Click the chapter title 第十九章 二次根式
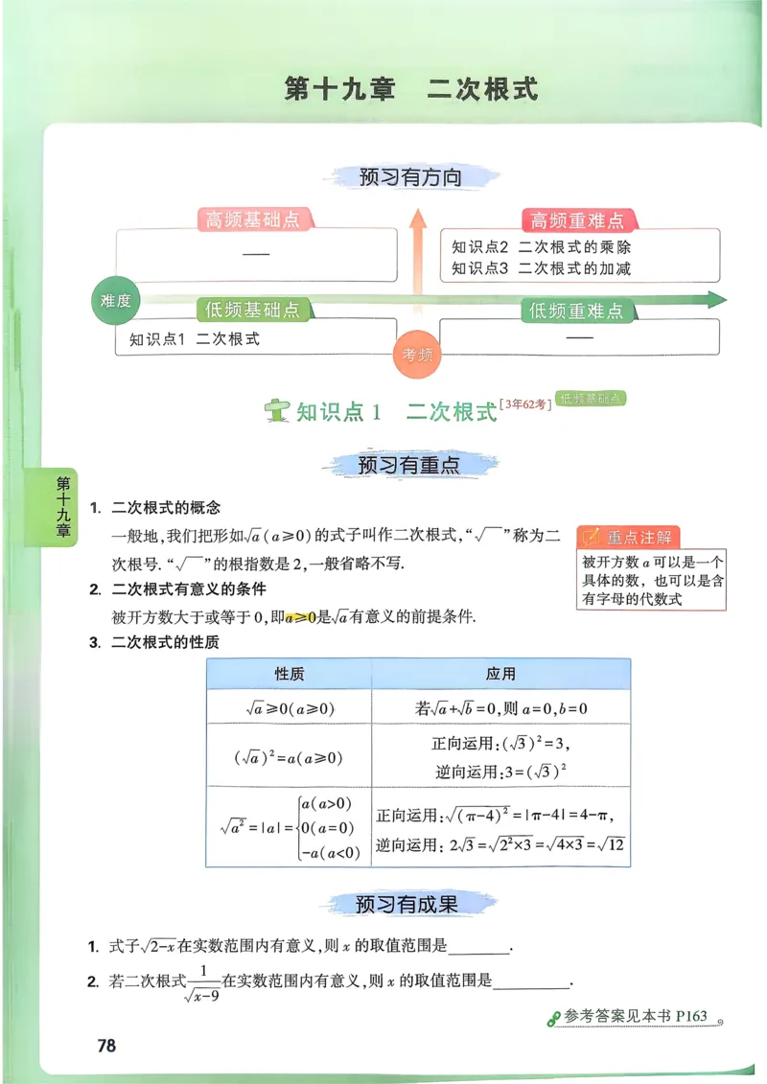tap(411, 89)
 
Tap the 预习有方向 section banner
tap(409, 177)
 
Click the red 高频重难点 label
tap(577, 220)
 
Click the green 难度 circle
tap(116, 301)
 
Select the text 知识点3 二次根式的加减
tap(542, 268)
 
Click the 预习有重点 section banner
tap(409, 466)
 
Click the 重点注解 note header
tap(639, 537)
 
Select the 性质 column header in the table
tap(290, 674)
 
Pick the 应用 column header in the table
tap(500, 674)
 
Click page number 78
tap(106, 1045)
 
